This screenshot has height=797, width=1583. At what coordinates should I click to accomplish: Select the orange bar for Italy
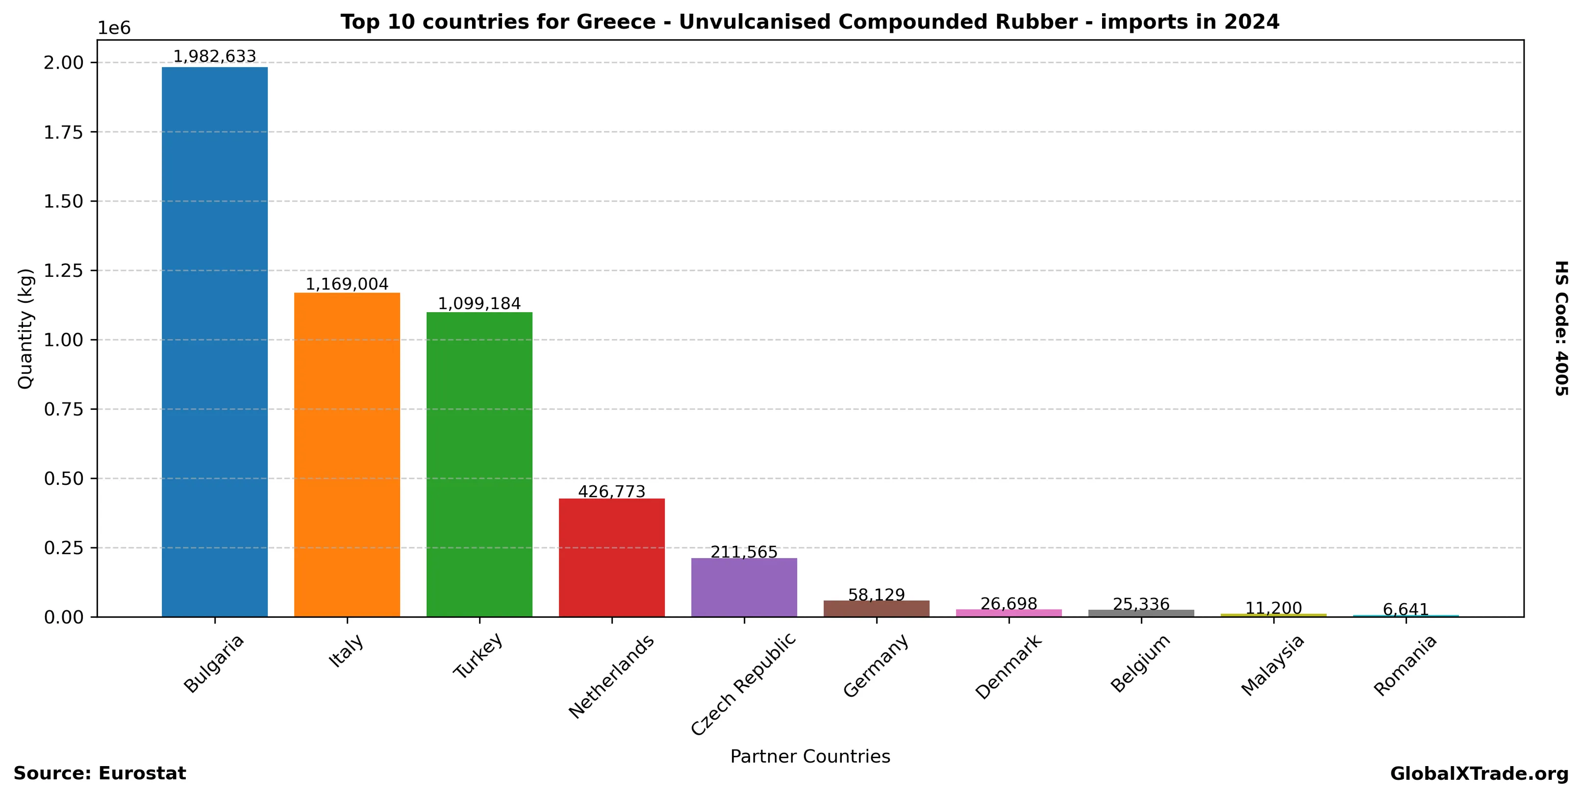347,454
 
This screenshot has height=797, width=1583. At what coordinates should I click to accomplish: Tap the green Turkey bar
479,464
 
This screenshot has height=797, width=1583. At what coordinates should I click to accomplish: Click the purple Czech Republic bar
744,587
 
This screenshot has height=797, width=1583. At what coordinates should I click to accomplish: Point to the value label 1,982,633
214,56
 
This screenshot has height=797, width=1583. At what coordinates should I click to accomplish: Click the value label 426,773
611,492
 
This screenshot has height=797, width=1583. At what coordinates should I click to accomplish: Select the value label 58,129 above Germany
876,595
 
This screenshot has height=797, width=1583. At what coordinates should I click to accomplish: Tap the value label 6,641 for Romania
1406,610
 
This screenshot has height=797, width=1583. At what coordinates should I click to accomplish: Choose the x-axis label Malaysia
1272,665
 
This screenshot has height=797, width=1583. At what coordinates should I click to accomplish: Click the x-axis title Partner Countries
810,756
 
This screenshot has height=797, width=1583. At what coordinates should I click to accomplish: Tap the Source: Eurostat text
100,773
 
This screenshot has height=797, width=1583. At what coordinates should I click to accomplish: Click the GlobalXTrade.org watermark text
1479,773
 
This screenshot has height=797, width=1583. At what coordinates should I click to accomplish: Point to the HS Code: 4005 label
1561,328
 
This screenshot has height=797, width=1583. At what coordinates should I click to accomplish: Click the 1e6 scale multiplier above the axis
114,28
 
